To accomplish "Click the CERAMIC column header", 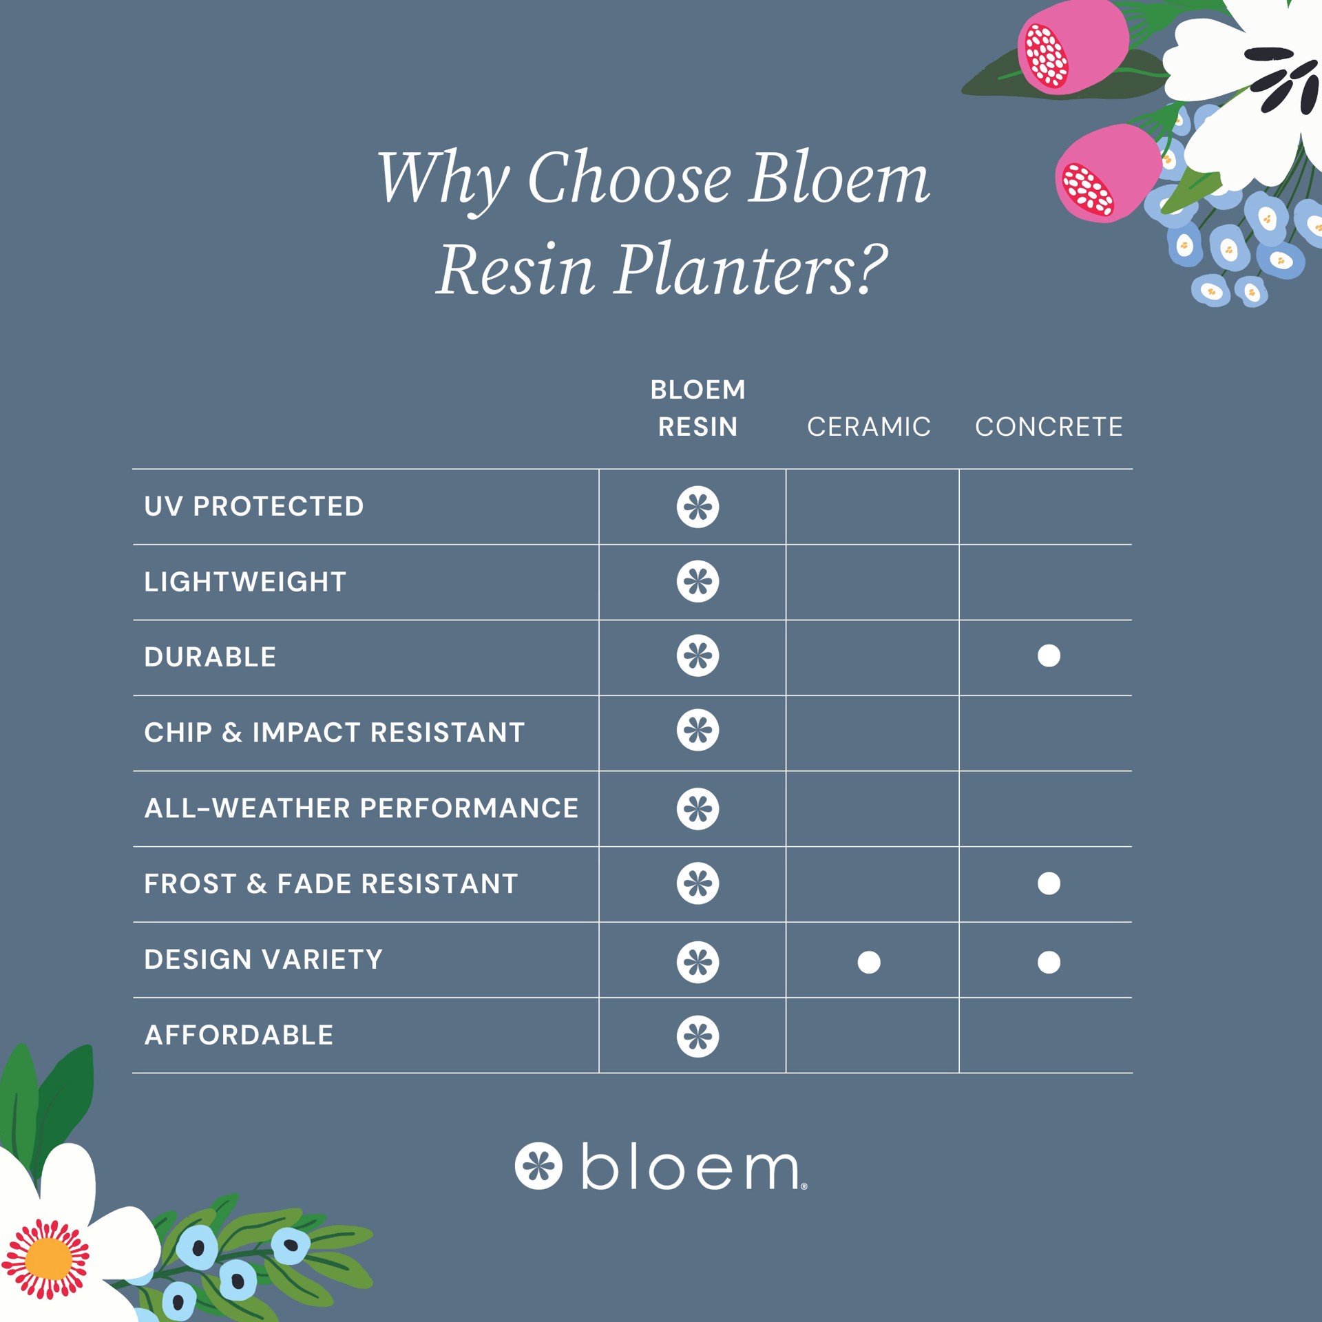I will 868,427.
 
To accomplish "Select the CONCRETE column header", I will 1049,427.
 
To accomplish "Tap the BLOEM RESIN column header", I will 697,408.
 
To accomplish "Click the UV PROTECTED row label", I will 253,507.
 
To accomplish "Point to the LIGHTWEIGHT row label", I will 245,582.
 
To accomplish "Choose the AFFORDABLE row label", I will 239,1035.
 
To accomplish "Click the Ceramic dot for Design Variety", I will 869,962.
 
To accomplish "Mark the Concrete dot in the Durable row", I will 1049,655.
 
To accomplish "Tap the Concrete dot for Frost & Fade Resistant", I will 1049,883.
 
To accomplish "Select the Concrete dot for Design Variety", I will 1049,962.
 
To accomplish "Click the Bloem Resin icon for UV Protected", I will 697,507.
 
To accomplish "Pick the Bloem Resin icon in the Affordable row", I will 697,1036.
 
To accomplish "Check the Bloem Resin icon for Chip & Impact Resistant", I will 697,731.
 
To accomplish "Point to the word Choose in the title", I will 629,178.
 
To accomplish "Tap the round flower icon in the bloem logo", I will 538,1166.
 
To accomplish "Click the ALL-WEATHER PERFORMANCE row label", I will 361,808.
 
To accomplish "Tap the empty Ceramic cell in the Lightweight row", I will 872,582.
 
